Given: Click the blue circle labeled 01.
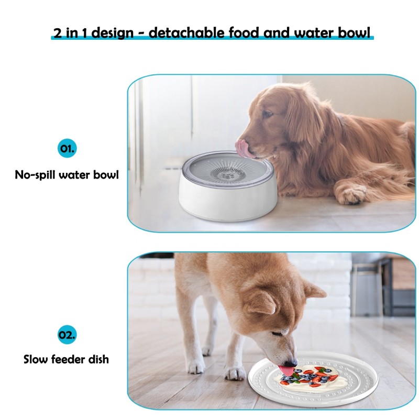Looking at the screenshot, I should coord(67,148).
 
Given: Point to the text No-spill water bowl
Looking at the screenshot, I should coord(67,175).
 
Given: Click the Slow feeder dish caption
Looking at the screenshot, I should coord(67,359).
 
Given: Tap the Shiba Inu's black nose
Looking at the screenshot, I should coord(294,362).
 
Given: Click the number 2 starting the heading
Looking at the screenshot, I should coord(57,33).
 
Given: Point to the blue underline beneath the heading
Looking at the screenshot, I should coord(212,40).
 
